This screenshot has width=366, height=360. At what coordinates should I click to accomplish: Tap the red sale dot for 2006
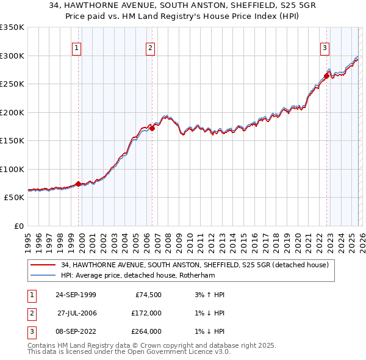point(152,129)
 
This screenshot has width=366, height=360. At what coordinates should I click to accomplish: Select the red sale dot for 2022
point(326,76)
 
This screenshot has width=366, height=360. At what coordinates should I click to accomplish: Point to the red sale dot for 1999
point(78,184)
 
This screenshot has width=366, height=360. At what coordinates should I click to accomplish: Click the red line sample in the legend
point(43,265)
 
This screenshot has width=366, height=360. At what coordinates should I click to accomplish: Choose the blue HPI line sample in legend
point(43,275)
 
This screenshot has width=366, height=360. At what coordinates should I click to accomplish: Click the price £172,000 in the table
point(146,313)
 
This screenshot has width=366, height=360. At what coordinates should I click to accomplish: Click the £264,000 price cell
point(146,331)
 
